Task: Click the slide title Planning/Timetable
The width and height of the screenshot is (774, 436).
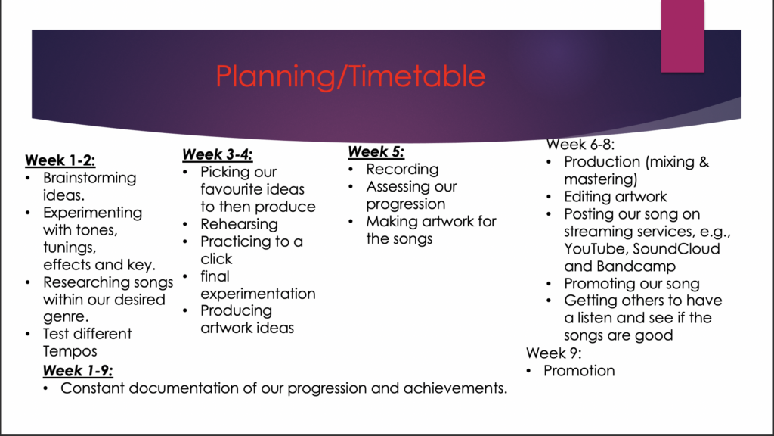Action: [351, 76]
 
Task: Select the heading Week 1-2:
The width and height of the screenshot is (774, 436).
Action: [60, 160]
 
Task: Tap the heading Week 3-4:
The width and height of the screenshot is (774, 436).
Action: [217, 154]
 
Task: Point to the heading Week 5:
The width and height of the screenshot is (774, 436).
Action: [376, 151]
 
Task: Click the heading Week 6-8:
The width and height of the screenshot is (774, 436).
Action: [580, 145]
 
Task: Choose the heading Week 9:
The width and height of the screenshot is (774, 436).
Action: [554, 353]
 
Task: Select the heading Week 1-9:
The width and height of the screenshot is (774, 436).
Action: [78, 370]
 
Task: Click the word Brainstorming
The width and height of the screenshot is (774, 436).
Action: [89, 178]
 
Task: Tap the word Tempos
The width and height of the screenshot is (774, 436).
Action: [70, 351]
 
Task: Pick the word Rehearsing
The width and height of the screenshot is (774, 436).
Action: [239, 224]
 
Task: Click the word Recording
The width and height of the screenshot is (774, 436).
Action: [402, 169]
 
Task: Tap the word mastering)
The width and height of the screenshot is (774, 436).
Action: [601, 179]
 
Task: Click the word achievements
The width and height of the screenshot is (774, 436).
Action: [455, 388]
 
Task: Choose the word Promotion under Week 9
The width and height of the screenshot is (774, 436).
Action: [579, 371]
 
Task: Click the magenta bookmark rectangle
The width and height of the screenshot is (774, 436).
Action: [683, 36]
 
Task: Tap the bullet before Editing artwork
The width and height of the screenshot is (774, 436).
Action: [549, 197]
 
